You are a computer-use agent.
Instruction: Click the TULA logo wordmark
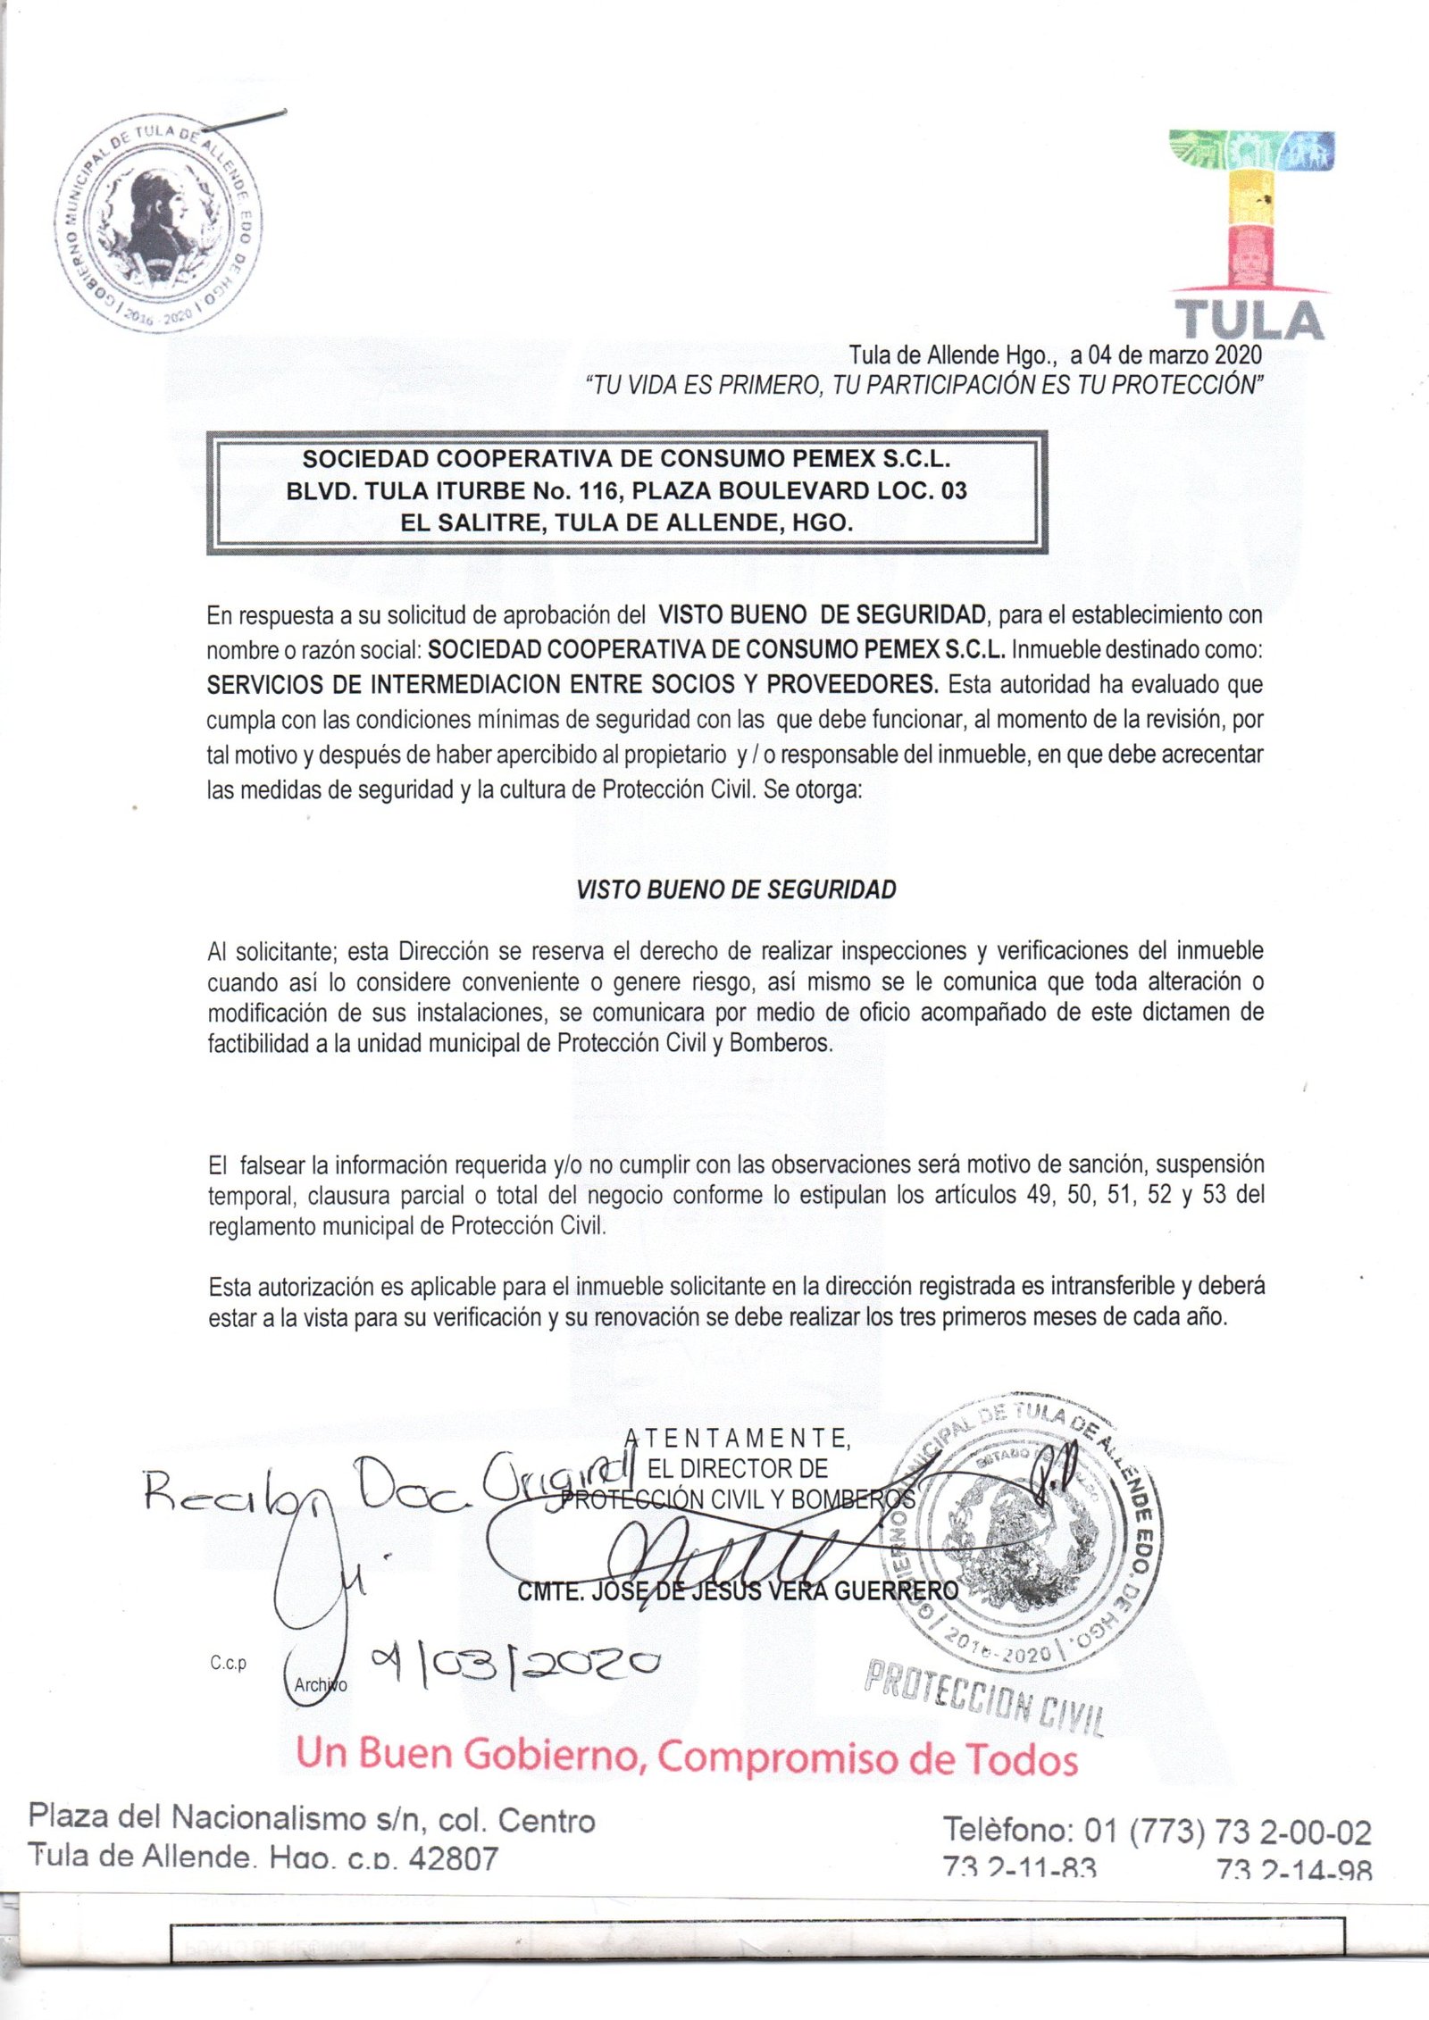click(x=1248, y=320)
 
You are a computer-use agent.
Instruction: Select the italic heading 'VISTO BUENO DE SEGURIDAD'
click(x=736, y=889)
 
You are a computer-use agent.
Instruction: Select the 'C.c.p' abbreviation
click(x=229, y=1663)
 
